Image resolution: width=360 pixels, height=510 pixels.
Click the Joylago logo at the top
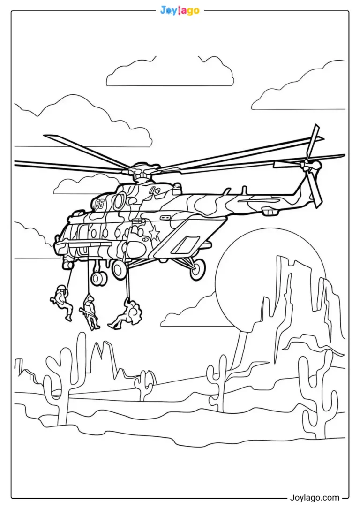(x=180, y=10)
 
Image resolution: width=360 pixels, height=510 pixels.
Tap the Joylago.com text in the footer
(x=314, y=498)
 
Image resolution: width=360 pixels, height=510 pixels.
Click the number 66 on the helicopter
(x=99, y=204)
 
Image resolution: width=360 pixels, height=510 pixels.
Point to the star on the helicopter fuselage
(x=154, y=232)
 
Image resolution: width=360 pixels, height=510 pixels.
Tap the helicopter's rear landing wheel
(x=197, y=270)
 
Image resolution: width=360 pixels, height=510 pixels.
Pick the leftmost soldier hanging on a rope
(x=62, y=302)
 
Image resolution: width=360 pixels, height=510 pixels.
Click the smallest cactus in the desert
(x=144, y=385)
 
